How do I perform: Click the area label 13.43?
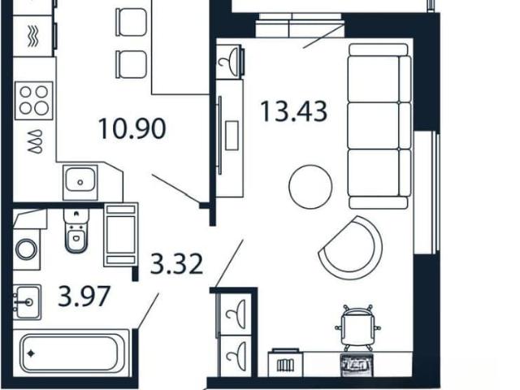pos(294,111)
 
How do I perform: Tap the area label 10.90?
pos(132,128)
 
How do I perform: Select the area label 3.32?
pos(176,263)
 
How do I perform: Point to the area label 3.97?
pos(84,296)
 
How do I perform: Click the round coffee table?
pos(310,187)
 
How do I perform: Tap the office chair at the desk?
pos(357,327)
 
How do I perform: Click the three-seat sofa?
pos(379,126)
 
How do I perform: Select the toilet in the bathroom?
pos(76,230)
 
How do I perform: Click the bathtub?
pos(70,353)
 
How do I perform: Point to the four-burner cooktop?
pos(34,100)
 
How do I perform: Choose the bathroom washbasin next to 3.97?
pos(27,301)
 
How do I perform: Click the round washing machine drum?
pos(26,249)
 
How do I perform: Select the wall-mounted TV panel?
pos(219,135)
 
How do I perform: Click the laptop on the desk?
pos(357,365)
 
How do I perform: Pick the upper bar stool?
pos(131,22)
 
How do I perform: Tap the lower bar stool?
pos(131,64)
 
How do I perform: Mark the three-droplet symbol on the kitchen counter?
pos(35,141)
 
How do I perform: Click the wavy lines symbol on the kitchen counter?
pos(32,36)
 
